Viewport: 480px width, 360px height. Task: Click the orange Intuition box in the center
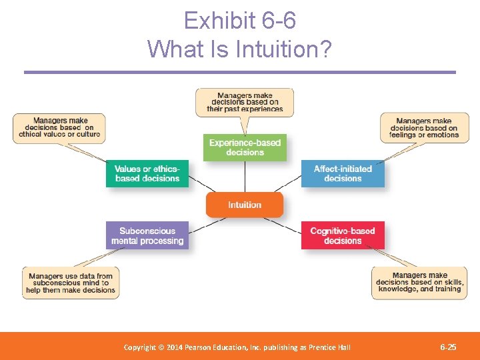245,205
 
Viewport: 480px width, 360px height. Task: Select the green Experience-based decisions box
245,147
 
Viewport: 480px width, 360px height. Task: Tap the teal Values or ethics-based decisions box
147,173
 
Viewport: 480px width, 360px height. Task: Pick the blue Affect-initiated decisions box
343,173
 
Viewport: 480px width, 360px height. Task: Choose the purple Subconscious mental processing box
147,235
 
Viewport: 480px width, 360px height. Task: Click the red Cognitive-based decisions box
343,235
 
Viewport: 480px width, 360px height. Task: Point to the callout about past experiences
245,102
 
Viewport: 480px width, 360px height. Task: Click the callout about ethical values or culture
59,127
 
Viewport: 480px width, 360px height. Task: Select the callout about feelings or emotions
424,128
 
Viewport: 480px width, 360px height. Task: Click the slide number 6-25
448,347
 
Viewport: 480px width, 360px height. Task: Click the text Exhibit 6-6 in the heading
240,21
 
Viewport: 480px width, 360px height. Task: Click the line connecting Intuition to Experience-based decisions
245,177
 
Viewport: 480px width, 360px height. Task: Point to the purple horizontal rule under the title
240,72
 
